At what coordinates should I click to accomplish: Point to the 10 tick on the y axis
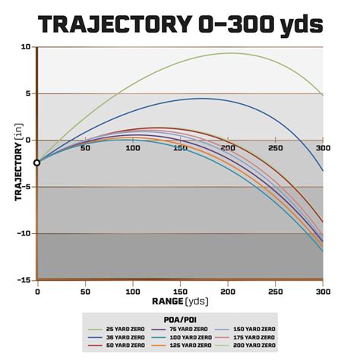(25, 47)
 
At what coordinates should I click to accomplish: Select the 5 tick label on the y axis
(27, 94)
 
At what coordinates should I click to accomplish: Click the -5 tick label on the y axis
(25, 187)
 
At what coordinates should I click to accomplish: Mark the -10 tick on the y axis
(24, 233)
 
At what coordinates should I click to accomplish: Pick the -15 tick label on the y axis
(24, 279)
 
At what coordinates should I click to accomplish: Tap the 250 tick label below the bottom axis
(275, 291)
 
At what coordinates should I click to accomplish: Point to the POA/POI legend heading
(180, 320)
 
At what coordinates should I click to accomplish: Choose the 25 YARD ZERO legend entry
(122, 329)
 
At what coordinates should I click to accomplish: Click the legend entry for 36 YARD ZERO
(122, 337)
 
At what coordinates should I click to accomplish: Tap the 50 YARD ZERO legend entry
(122, 346)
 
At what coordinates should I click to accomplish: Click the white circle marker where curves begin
(37, 163)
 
